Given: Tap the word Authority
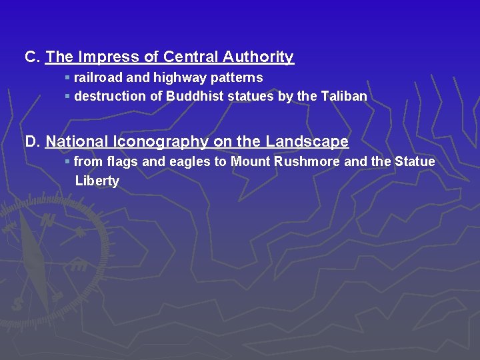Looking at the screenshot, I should pyautogui.click(x=259, y=57).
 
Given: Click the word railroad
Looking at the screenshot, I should pyautogui.click(x=99, y=78).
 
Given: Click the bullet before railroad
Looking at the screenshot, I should pyautogui.click(x=67, y=78).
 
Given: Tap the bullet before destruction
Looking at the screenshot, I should pyautogui.click(x=67, y=96).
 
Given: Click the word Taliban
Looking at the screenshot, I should pyautogui.click(x=344, y=96).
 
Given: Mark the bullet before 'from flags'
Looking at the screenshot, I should pyautogui.click(x=67, y=161).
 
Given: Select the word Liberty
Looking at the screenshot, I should pyautogui.click(x=97, y=181).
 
